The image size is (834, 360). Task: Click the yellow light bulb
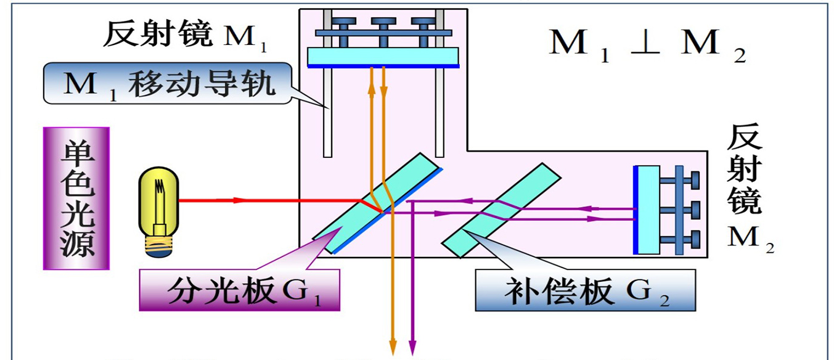pos(158,203)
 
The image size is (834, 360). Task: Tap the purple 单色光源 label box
pos(76,198)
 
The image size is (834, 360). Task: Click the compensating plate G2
pos(501,210)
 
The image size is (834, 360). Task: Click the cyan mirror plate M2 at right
pos(647,209)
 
